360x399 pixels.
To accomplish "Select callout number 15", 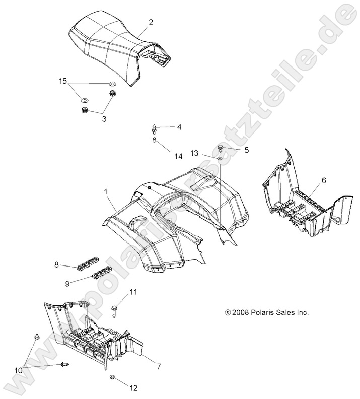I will [x=62, y=81].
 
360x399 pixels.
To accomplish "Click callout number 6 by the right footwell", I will [x=324, y=180].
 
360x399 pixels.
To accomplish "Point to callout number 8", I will [x=57, y=263].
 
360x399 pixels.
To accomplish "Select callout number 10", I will [x=19, y=370].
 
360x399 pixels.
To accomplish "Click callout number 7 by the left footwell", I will [x=159, y=367].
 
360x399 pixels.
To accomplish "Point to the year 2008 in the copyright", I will [x=240, y=312].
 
